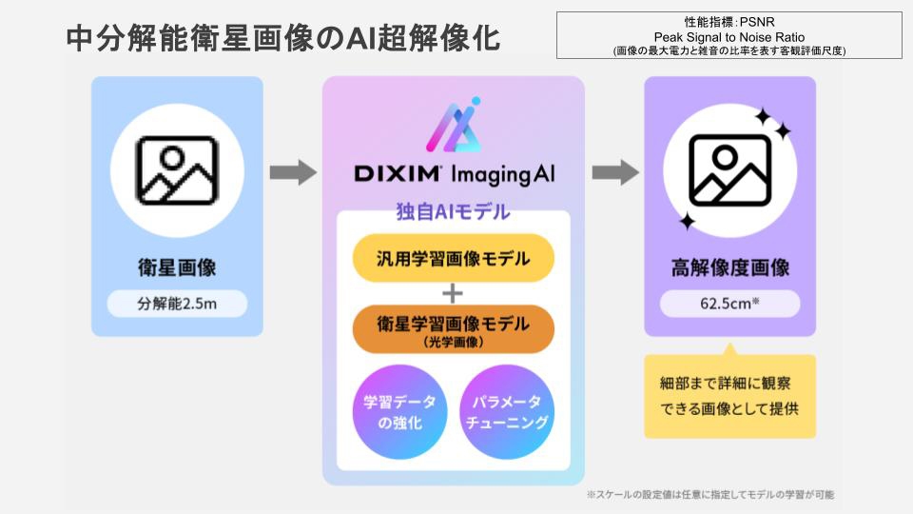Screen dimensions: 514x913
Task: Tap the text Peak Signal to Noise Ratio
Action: pyautogui.click(x=729, y=35)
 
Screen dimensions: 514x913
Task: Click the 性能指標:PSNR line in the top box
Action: pyautogui.click(x=729, y=21)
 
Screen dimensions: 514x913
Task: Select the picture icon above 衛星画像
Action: pyautogui.click(x=177, y=171)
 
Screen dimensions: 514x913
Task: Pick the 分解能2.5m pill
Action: pyautogui.click(x=177, y=304)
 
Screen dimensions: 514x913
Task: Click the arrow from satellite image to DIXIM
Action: pyautogui.click(x=292, y=172)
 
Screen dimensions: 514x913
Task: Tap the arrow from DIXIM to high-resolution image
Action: pyautogui.click(x=614, y=172)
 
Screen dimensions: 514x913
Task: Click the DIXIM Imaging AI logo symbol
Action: pyautogui.click(x=453, y=125)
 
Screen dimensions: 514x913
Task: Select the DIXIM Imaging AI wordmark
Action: pyautogui.click(x=453, y=174)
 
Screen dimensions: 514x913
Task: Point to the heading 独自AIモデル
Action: pyautogui.click(x=453, y=211)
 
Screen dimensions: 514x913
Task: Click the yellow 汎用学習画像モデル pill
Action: pyautogui.click(x=453, y=258)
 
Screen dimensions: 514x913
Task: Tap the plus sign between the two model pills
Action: pyautogui.click(x=453, y=292)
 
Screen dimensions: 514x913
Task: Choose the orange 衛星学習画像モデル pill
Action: pyautogui.click(x=453, y=328)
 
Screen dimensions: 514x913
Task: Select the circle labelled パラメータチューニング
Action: pyautogui.click(x=508, y=411)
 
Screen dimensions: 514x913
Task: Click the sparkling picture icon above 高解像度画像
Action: pyautogui.click(x=729, y=171)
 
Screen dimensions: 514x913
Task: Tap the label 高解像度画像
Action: pyautogui.click(x=729, y=267)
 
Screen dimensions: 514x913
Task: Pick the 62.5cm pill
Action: pyautogui.click(x=729, y=305)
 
